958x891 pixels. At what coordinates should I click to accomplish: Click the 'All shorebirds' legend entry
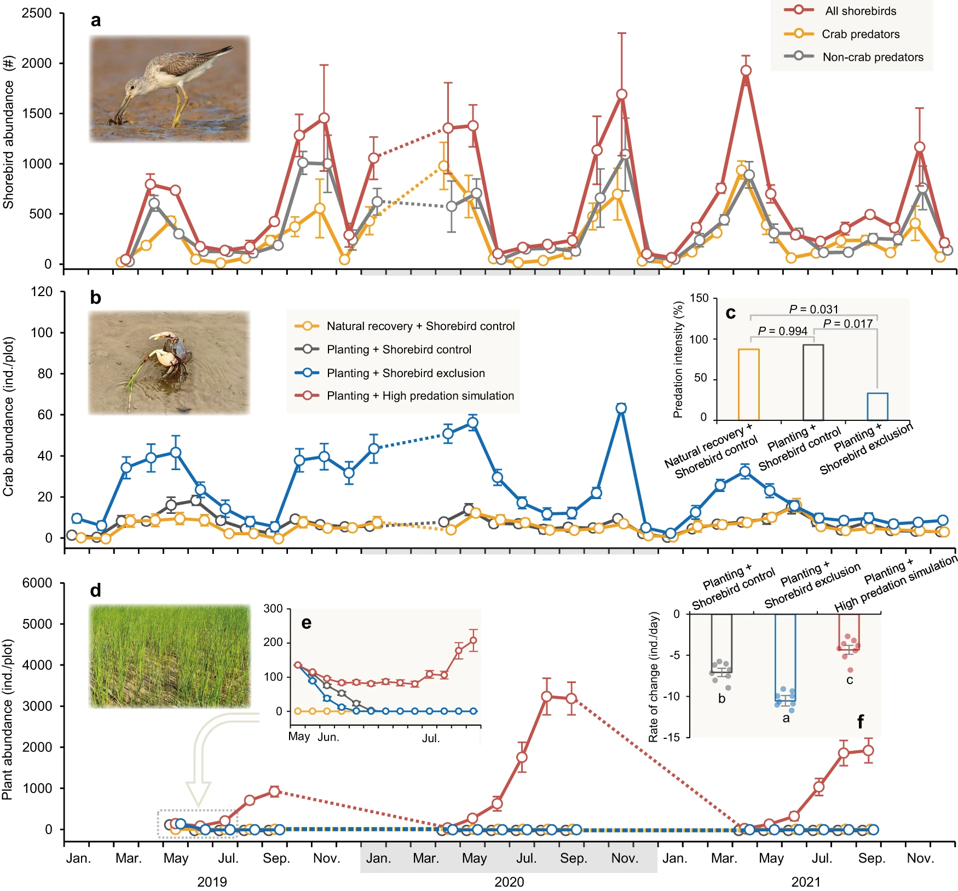(860, 11)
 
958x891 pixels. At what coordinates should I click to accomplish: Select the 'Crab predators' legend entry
(860, 34)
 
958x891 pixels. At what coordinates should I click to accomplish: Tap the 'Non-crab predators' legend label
(873, 57)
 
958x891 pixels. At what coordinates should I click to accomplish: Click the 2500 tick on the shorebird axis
(37, 13)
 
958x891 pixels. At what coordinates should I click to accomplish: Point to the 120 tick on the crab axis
(42, 292)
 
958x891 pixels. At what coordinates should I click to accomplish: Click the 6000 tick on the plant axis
(37, 583)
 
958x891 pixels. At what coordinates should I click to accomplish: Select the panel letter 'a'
(96, 21)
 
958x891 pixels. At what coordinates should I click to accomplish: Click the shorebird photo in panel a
(169, 89)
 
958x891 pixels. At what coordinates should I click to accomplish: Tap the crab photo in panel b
(169, 362)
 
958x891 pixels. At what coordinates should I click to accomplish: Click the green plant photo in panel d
(169, 656)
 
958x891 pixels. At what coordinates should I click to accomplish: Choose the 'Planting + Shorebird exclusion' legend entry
(405, 373)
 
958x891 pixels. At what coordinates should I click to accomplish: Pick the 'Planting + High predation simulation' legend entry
(420, 396)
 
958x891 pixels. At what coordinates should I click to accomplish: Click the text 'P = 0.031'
(813, 309)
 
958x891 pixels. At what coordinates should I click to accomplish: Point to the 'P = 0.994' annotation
(782, 331)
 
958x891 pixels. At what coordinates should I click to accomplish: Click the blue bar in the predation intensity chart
(878, 406)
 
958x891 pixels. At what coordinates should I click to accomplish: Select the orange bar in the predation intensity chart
(749, 384)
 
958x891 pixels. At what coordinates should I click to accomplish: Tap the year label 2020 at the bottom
(509, 882)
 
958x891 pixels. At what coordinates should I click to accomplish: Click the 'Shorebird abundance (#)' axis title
(8, 144)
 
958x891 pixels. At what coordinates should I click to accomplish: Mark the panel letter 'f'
(860, 722)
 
